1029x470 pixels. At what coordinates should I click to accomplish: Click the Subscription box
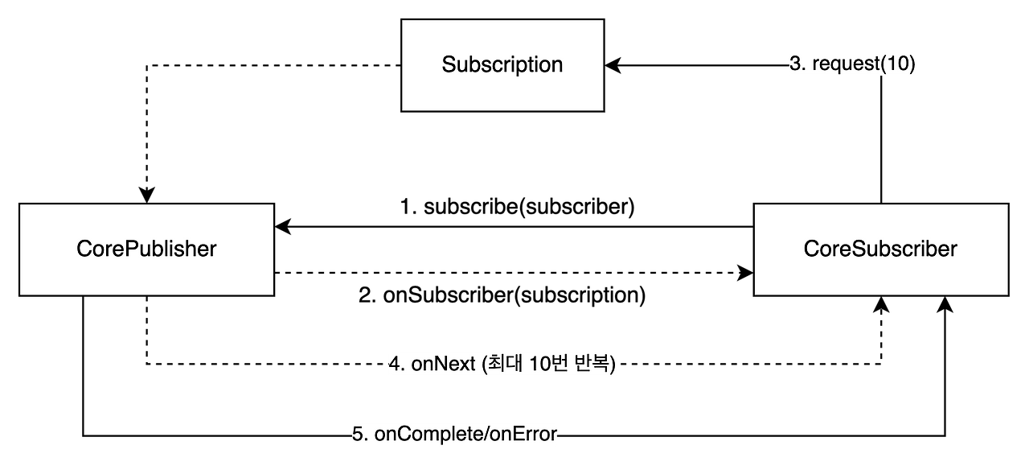click(x=502, y=65)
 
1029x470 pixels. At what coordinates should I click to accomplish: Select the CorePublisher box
click(x=146, y=249)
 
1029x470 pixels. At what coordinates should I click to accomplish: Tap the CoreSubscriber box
click(x=880, y=249)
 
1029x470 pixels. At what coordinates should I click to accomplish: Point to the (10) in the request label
click(x=898, y=64)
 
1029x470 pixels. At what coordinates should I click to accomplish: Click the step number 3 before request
click(x=795, y=64)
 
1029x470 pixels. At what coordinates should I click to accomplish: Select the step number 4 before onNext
click(x=395, y=365)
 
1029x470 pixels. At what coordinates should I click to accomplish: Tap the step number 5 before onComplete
click(x=359, y=435)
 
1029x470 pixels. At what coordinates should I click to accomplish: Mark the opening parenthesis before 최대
click(x=484, y=365)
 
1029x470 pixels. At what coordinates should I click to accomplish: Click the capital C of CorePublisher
click(x=84, y=249)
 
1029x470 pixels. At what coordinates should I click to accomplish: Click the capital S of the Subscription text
click(x=448, y=65)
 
